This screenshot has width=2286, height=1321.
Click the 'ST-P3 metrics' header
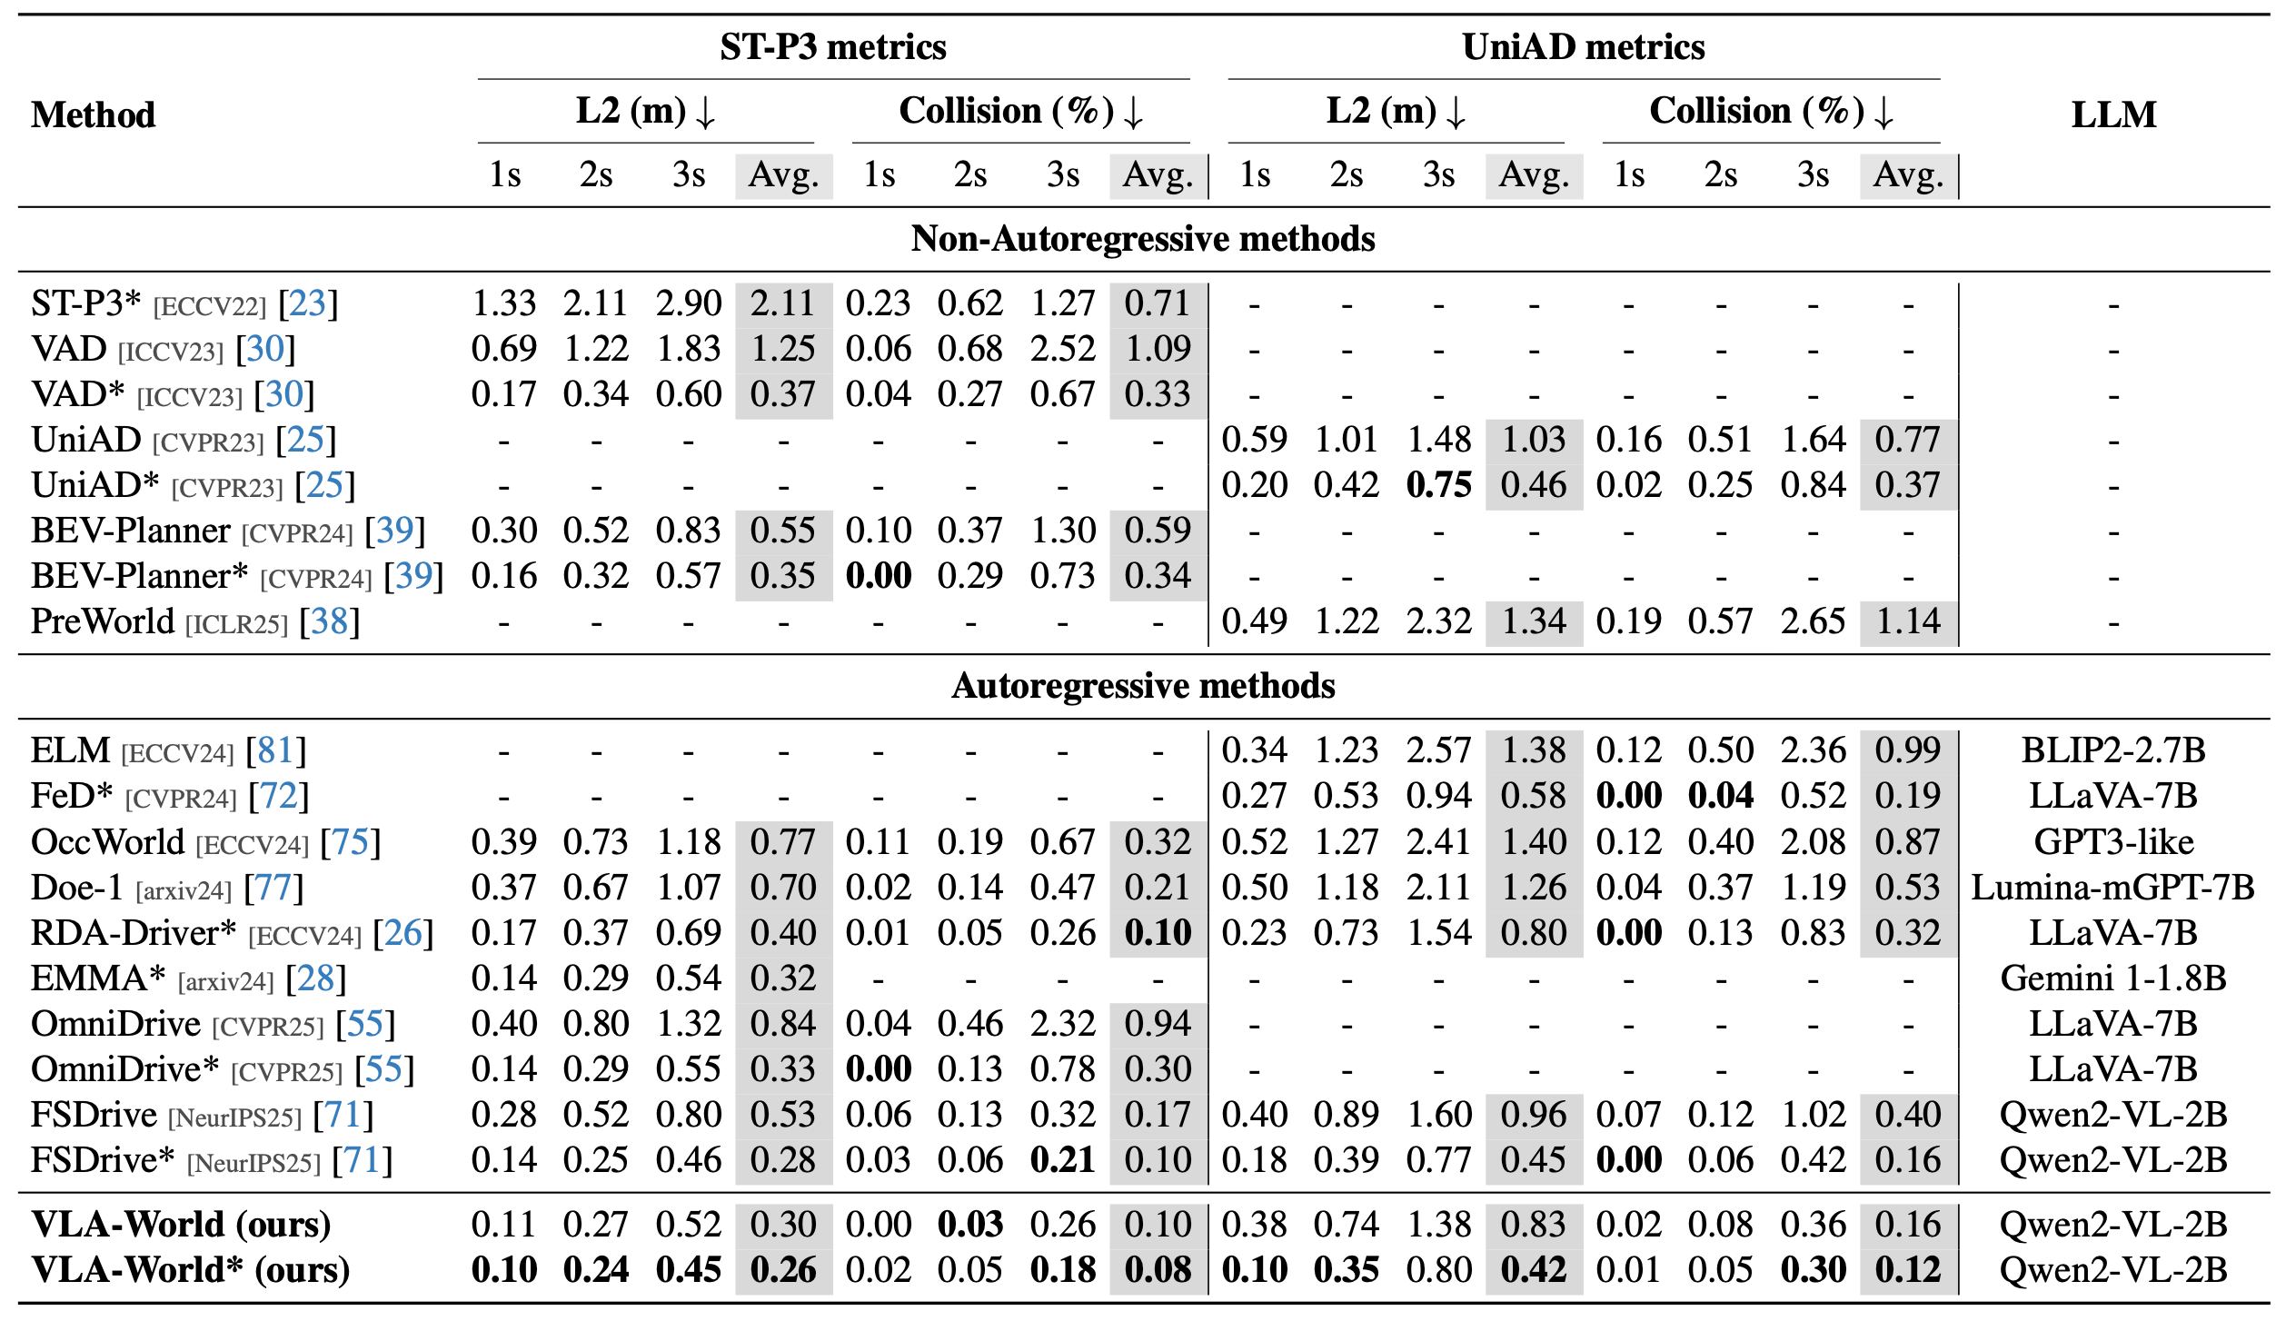[x=832, y=47]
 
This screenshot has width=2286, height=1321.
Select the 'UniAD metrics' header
[x=1583, y=47]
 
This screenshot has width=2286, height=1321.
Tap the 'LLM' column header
[x=2113, y=115]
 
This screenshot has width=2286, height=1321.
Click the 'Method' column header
[x=94, y=115]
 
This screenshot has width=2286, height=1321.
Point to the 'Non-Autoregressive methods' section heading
[x=1143, y=239]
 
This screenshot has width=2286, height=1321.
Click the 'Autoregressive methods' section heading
[x=1143, y=686]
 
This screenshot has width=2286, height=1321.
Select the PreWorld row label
[x=102, y=621]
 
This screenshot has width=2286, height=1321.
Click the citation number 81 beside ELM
[x=275, y=750]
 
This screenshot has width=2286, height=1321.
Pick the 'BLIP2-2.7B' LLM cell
[x=2113, y=750]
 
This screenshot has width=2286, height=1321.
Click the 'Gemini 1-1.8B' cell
[x=2113, y=978]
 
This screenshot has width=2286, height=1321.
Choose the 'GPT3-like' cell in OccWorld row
[x=2113, y=842]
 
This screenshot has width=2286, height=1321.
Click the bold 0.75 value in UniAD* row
[x=1438, y=485]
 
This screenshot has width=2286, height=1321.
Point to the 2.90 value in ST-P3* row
[x=689, y=303]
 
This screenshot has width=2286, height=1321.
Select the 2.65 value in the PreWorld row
[x=1813, y=621]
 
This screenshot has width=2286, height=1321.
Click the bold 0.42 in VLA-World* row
[x=1534, y=1270]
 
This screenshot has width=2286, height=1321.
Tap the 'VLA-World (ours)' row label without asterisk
[x=181, y=1225]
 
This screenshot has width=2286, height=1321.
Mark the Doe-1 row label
[x=76, y=888]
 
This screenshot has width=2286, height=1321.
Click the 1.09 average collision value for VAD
[x=1158, y=349]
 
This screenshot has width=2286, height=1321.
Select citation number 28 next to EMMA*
[x=315, y=978]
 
